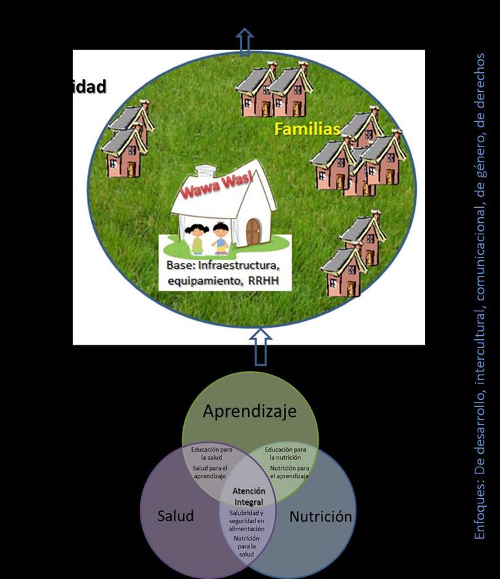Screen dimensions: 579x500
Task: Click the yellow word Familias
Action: pyautogui.click(x=307, y=129)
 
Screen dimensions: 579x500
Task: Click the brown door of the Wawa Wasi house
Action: pyautogui.click(x=253, y=231)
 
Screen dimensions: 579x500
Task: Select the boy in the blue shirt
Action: pyautogui.click(x=221, y=236)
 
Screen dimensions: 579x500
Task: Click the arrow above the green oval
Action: pyautogui.click(x=244, y=42)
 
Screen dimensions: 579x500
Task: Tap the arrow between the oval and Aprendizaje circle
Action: pyautogui.click(x=261, y=345)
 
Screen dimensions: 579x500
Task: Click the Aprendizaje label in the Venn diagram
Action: pyautogui.click(x=249, y=411)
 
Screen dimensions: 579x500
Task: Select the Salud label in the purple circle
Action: pyautogui.click(x=175, y=516)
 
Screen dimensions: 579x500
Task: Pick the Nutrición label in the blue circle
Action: pyautogui.click(x=321, y=516)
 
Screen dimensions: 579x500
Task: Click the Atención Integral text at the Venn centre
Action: pyautogui.click(x=248, y=496)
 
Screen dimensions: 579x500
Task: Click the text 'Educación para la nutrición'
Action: pyautogui.click(x=285, y=454)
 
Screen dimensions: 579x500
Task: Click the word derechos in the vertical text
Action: pyautogui.click(x=480, y=81)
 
